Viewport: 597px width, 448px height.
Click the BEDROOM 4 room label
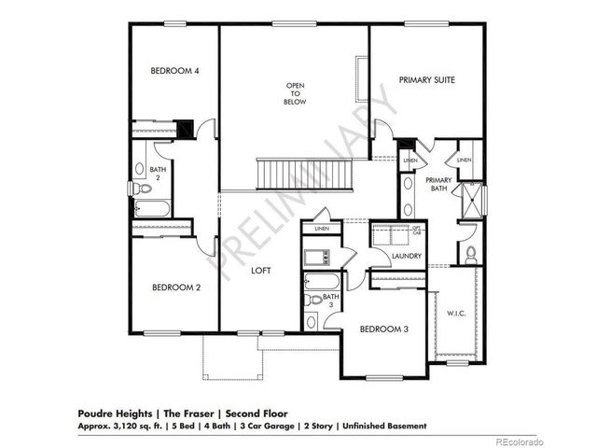tap(175, 71)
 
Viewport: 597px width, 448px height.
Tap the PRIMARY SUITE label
tap(426, 80)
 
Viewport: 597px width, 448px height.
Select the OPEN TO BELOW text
tap(296, 93)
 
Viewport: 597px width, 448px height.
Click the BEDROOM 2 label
tap(176, 287)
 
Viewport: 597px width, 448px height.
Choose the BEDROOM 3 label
tap(384, 329)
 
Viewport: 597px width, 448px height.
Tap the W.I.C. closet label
tap(457, 313)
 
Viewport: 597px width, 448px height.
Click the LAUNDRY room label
tap(406, 256)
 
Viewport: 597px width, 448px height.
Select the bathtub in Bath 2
tap(149, 210)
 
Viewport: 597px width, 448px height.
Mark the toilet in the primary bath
tap(472, 252)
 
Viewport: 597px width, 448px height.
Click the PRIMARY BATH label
tap(439, 184)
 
